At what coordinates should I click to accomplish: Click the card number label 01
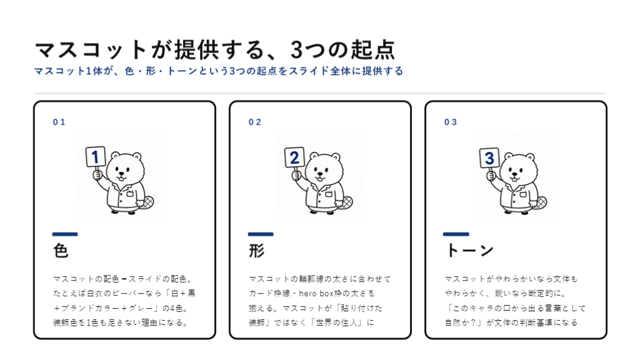(x=59, y=122)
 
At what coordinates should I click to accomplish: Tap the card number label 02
(x=255, y=122)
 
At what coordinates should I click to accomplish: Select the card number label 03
(x=451, y=122)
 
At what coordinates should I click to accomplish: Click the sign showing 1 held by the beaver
(x=96, y=157)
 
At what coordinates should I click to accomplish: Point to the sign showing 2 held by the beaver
(x=294, y=157)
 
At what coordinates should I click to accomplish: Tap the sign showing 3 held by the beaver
(x=489, y=158)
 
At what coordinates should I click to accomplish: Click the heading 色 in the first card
(x=61, y=250)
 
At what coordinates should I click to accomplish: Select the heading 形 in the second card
(x=257, y=250)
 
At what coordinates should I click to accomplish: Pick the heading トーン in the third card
(x=469, y=250)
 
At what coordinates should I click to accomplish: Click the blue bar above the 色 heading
(x=65, y=234)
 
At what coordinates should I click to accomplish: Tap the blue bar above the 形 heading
(x=261, y=234)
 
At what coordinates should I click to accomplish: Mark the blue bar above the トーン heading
(x=456, y=234)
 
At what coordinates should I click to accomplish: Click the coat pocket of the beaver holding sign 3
(x=522, y=194)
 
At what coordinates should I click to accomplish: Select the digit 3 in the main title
(x=296, y=50)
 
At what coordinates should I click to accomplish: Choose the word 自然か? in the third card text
(x=462, y=323)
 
